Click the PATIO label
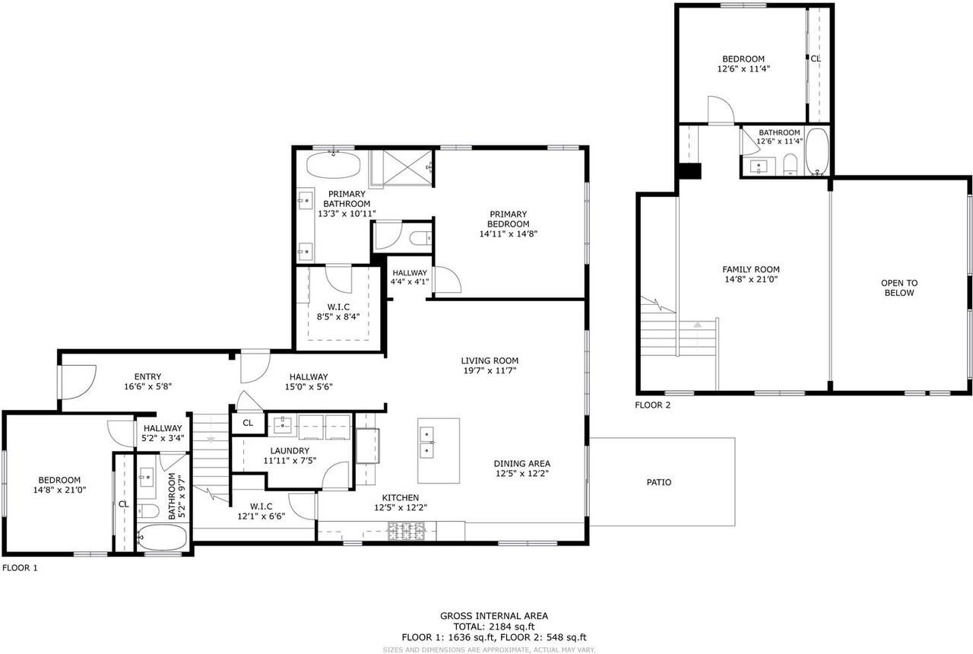click(658, 482)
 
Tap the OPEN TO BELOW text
click(899, 287)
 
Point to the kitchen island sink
click(426, 442)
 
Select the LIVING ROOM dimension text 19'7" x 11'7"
click(489, 370)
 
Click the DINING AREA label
click(521, 464)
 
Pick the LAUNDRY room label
click(290, 451)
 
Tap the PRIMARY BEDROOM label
click(509, 219)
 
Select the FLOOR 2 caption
click(653, 405)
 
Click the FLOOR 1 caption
click(20, 567)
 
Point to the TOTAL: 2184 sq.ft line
click(493, 627)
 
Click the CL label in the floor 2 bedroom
click(815, 59)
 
